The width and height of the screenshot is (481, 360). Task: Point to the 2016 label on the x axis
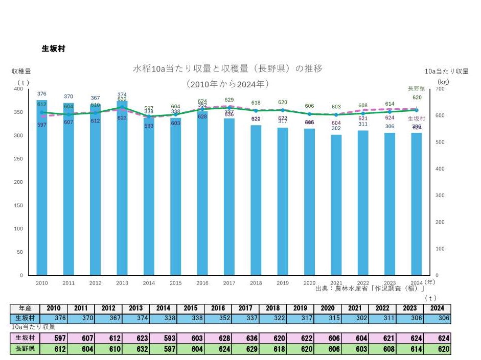click(202, 283)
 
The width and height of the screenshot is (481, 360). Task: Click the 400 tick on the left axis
click(18, 89)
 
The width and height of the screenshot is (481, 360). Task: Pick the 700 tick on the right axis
click(439, 89)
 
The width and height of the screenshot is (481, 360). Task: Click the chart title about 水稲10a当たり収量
click(228, 68)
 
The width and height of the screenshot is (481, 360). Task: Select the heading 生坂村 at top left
click(53, 49)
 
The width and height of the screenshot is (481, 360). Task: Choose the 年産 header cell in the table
click(25, 308)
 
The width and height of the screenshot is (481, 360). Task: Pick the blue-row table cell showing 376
click(54, 317)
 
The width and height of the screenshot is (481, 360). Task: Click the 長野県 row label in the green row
click(25, 349)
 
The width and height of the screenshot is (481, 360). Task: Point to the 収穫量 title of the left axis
click(21, 71)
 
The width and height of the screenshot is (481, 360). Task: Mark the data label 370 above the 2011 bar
click(68, 96)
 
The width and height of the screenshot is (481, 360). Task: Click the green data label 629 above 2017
click(229, 100)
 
